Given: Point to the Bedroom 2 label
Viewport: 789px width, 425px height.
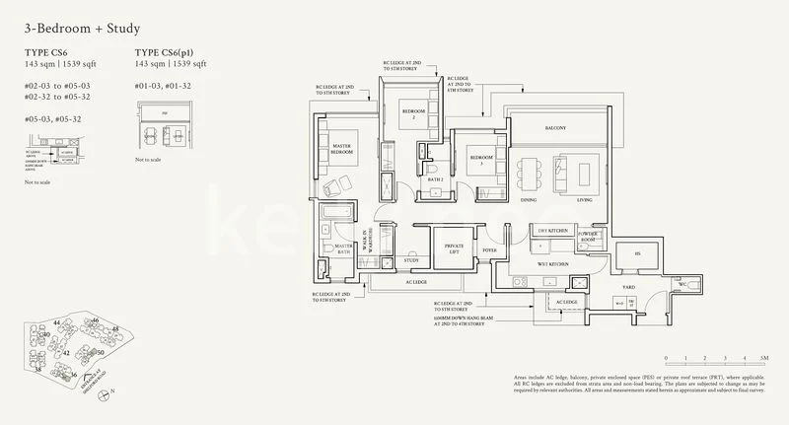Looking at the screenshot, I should point(412,114).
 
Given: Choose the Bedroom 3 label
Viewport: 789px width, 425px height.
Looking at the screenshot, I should point(480,159).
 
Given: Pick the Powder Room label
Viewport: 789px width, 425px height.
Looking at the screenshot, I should point(589,238).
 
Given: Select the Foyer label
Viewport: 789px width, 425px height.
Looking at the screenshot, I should point(489,249).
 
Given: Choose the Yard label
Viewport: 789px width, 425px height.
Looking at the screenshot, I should point(627,288).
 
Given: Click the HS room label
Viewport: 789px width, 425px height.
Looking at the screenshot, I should point(636,253).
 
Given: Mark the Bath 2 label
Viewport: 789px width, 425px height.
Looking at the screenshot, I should point(435,180).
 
